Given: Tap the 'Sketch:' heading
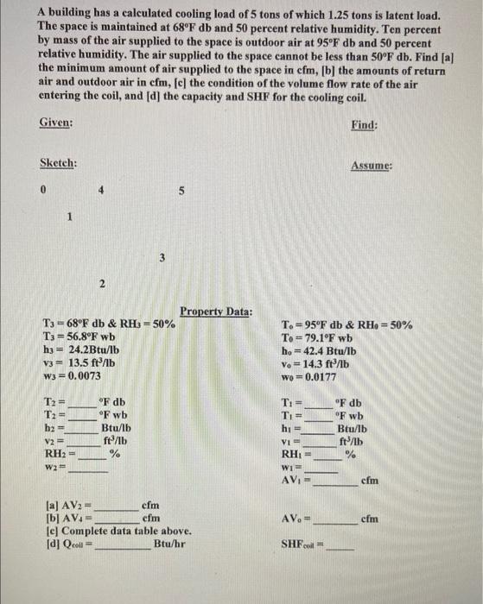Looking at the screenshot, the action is (x=59, y=164).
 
